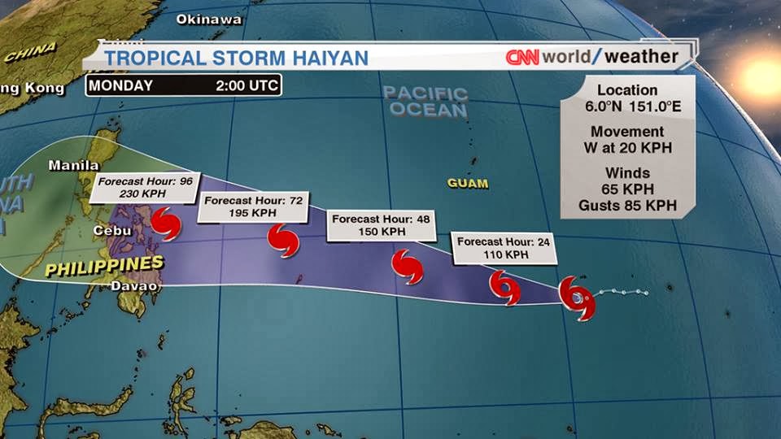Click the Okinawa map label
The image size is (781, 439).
coord(209,19)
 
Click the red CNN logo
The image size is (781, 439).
coord(523,57)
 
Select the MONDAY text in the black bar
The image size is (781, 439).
coord(120,85)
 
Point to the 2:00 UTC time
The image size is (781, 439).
coord(247,85)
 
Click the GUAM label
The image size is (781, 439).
coord(468,184)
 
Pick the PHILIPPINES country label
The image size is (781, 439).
coord(103,266)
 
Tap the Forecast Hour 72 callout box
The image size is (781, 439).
coord(253,206)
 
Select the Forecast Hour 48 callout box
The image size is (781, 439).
coord(380,225)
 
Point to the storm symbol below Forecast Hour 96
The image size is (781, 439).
coord(166,223)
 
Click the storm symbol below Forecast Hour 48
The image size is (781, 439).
coord(407,266)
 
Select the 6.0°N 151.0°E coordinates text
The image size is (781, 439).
coord(627,106)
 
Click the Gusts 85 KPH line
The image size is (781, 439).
coord(627,206)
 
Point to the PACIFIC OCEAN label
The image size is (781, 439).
coord(425,102)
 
